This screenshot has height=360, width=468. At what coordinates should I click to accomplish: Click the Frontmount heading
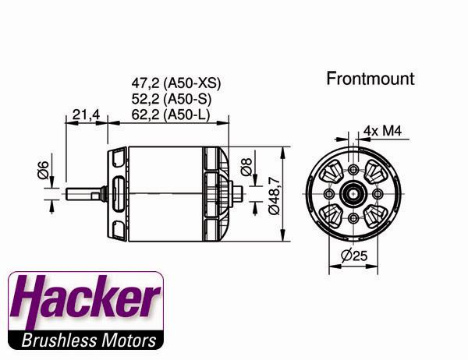[x=370, y=79]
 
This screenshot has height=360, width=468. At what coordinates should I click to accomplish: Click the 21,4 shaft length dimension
[x=86, y=115]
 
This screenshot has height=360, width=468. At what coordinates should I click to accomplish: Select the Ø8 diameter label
[x=247, y=166]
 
